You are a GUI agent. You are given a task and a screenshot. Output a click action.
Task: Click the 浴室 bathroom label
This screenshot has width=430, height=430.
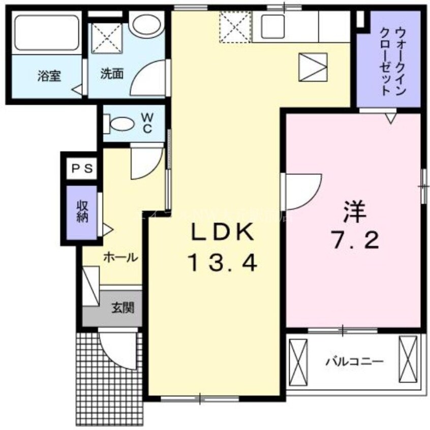pos(49,77)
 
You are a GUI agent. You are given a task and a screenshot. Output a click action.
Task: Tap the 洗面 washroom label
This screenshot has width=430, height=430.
pos(111,74)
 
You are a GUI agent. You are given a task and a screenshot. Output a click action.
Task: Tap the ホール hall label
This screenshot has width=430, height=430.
pos(120,258)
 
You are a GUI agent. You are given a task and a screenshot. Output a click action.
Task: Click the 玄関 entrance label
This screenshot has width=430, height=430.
pos(123,307)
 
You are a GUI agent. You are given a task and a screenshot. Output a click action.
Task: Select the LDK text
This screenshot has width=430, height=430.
pos(222,233)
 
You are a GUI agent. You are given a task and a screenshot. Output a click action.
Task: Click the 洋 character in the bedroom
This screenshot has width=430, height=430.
pos(354,212)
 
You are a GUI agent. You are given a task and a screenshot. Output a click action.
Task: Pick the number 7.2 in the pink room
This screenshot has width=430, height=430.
pos(354,241)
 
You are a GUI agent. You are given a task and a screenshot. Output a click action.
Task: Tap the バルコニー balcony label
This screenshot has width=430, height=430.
pos(354,362)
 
